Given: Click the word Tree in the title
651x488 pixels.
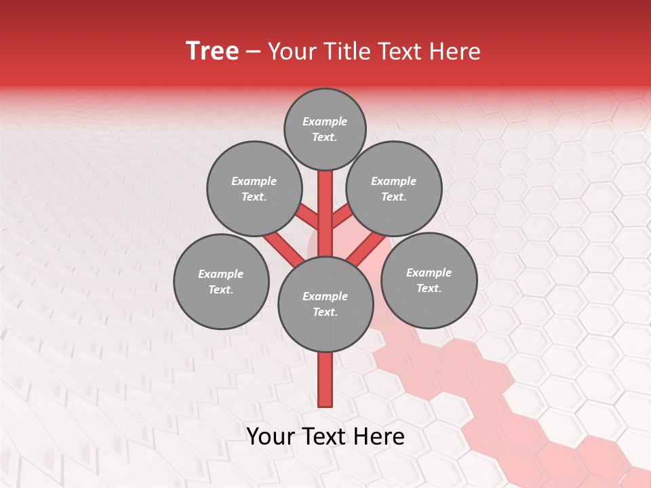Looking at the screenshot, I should [x=212, y=52].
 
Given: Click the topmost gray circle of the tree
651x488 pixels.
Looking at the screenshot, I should [x=325, y=129].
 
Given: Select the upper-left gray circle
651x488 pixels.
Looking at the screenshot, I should [x=254, y=188].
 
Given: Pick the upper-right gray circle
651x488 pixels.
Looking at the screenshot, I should [x=394, y=188].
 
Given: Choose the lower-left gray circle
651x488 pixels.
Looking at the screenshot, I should [x=221, y=281].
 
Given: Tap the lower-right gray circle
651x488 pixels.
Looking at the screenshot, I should [x=429, y=280].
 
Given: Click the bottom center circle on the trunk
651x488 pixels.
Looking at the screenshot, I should [x=325, y=304].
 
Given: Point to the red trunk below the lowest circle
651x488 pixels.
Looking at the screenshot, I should [x=325, y=380].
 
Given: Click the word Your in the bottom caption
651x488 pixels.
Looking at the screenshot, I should [x=269, y=436].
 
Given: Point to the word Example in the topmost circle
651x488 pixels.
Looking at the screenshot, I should [x=325, y=121].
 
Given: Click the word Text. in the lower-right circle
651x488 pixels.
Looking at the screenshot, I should [x=429, y=288].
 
